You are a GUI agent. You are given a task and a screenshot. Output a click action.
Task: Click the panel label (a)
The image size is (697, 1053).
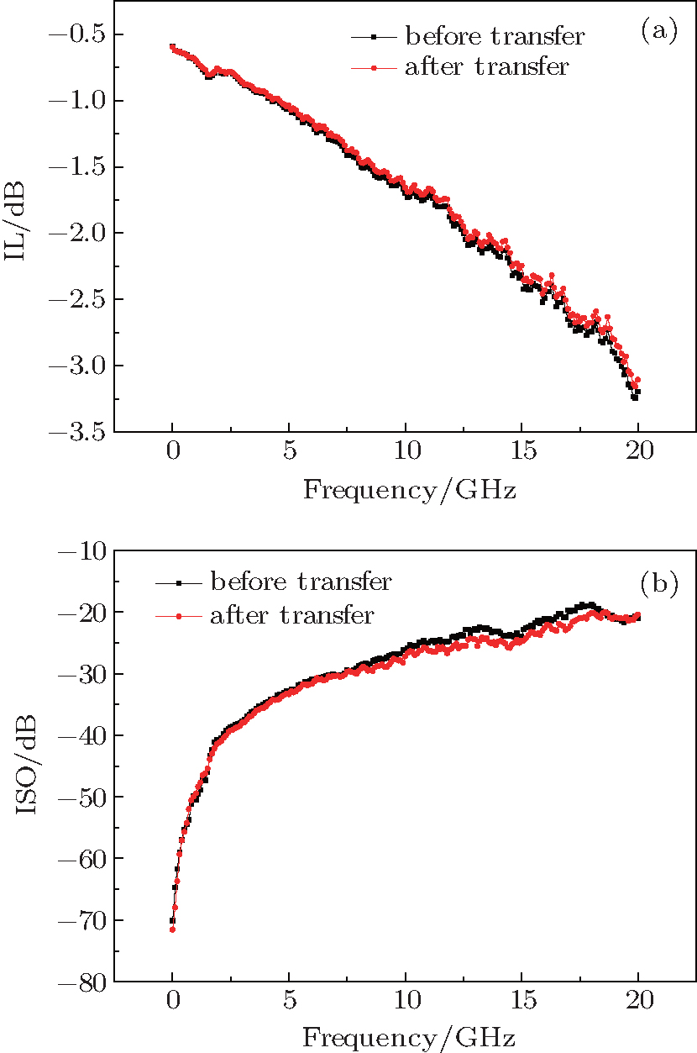(x=658, y=32)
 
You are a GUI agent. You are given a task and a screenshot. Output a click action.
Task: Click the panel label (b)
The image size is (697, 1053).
(x=658, y=582)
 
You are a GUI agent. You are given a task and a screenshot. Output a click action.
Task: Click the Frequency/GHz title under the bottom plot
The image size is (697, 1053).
(x=409, y=1036)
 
